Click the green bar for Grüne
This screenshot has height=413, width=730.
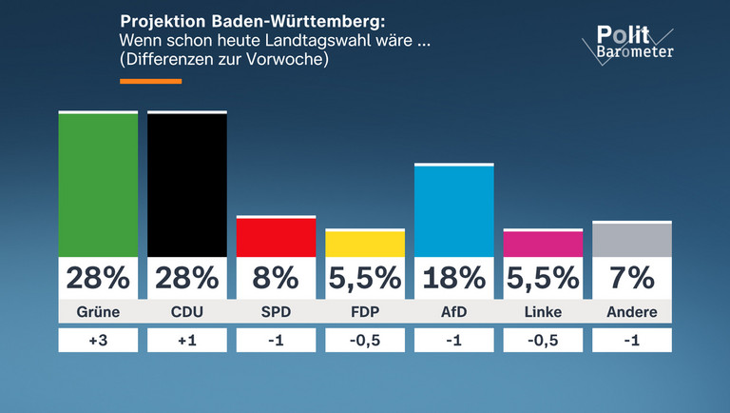[x=98, y=185]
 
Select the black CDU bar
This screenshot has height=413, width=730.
[x=187, y=185]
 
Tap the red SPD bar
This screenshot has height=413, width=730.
[x=276, y=237]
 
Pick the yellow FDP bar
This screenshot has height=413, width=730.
[x=365, y=244]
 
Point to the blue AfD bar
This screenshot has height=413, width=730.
[x=454, y=211]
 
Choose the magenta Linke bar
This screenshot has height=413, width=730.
[x=543, y=244]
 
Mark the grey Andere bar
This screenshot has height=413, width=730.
[x=632, y=240]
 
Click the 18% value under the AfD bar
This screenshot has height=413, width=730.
[x=454, y=278]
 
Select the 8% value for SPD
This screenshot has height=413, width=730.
[x=276, y=278]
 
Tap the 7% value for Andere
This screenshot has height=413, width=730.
[x=632, y=278]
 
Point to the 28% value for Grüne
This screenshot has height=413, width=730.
[x=98, y=278]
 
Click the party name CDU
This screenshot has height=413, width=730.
[x=187, y=312]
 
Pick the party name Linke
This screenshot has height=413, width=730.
[x=543, y=312]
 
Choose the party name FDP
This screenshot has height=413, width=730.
[x=365, y=312]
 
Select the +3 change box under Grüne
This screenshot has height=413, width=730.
[x=98, y=341]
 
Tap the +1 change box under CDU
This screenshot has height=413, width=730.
[x=187, y=341]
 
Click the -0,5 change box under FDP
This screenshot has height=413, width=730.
[x=365, y=341]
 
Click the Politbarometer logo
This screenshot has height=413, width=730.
[x=631, y=44]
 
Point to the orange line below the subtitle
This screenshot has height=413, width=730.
[x=150, y=82]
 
